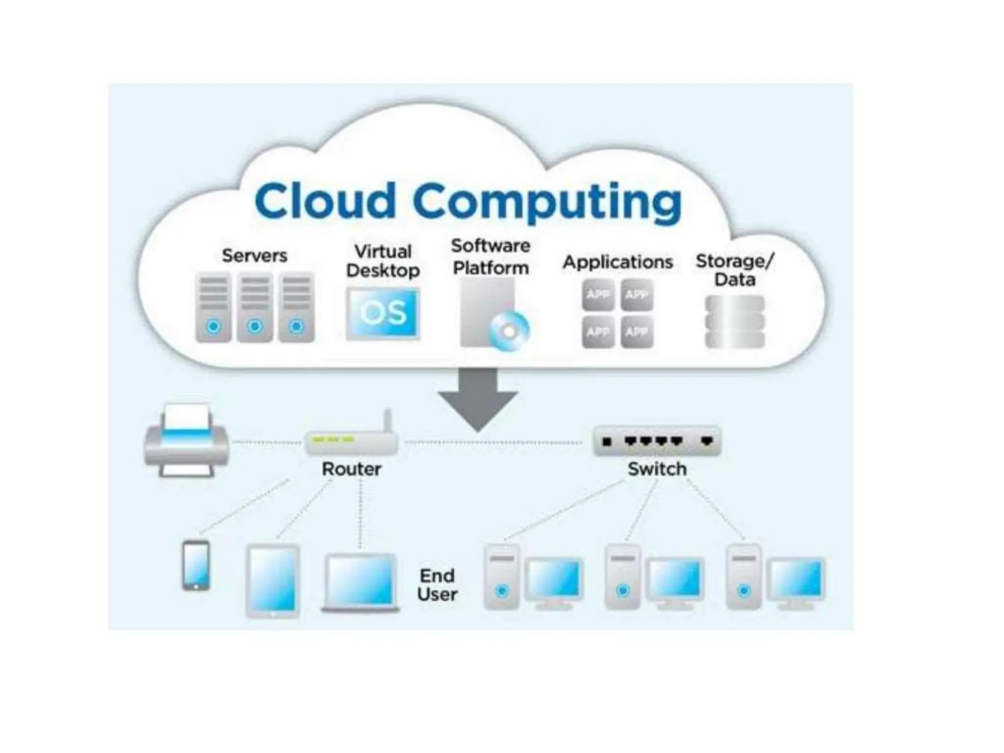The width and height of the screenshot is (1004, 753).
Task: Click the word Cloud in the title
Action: click(x=325, y=201)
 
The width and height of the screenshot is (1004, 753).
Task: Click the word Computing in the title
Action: click(x=548, y=202)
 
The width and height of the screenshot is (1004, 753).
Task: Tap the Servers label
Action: click(x=254, y=255)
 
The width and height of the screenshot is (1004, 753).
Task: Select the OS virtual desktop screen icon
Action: click(x=383, y=313)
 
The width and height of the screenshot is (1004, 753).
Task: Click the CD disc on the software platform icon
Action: click(x=510, y=331)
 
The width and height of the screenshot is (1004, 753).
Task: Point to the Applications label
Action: click(x=618, y=262)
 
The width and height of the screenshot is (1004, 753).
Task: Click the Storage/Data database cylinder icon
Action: click(x=735, y=322)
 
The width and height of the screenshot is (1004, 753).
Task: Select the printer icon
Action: click(x=186, y=441)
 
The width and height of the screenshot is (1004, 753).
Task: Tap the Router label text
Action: click(x=351, y=469)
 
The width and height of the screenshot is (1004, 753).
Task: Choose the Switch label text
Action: click(x=657, y=469)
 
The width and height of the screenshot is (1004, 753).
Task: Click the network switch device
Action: click(x=657, y=441)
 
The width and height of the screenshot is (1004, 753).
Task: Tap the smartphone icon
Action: click(x=196, y=565)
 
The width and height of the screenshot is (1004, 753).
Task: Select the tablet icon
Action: click(x=273, y=580)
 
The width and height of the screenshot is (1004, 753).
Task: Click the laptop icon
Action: click(x=361, y=583)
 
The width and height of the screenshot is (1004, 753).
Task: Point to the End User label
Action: click(x=437, y=585)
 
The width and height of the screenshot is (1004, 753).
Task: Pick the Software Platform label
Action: click(x=491, y=257)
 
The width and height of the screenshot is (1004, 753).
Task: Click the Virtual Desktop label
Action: click(x=383, y=261)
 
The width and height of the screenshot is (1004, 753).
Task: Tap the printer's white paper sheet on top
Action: click(x=186, y=417)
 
